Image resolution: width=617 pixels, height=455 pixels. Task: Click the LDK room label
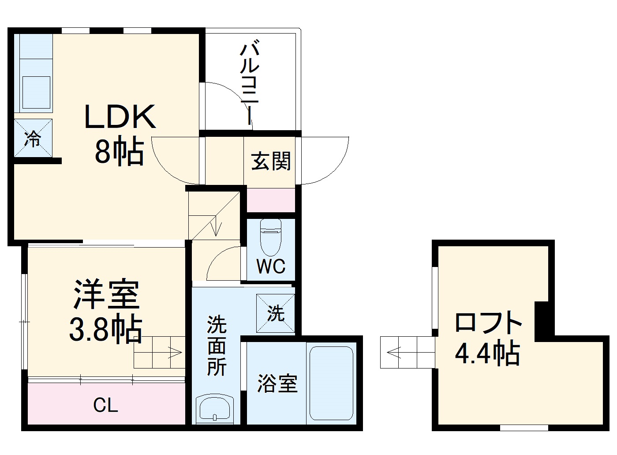pos(120,117)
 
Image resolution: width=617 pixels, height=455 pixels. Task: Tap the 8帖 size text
pos(120,151)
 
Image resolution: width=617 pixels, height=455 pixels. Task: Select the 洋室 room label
pos(106,294)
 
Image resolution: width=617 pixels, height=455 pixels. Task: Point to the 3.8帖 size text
pos(106,329)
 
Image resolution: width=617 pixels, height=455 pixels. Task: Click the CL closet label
pos(105,405)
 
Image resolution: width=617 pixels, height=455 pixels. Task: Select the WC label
pos(271,266)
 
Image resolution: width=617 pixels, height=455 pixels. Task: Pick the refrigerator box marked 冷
pos(33,138)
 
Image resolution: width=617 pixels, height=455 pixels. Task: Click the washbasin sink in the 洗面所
pos(215,409)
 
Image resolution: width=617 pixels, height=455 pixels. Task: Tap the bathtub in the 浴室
pos(331,383)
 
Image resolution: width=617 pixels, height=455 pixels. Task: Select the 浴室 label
pos(277,384)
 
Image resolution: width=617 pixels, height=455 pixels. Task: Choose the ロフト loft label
pos(488,322)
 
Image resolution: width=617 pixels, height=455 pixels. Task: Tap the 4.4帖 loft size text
pos(487,353)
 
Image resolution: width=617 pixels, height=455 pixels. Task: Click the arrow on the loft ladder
pos(394,352)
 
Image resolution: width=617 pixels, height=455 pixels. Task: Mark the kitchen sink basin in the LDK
pos(36,92)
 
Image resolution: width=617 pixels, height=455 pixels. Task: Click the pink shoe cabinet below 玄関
pos(270,200)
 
